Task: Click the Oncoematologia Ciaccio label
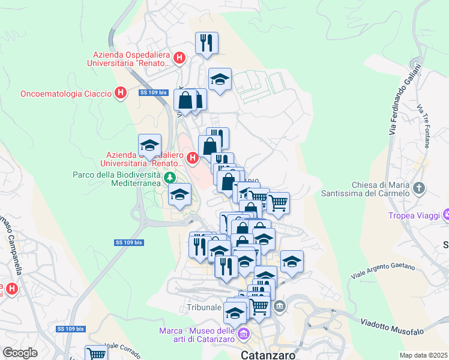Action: point(66,94)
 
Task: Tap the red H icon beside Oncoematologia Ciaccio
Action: point(121,93)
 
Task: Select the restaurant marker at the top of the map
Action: point(206,43)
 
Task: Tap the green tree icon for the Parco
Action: point(170,178)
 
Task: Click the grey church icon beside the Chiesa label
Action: point(420,188)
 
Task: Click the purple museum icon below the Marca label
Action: point(243,334)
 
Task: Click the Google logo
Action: point(20,353)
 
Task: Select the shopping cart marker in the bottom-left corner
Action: point(95,353)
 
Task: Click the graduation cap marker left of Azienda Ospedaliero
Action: point(149,145)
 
